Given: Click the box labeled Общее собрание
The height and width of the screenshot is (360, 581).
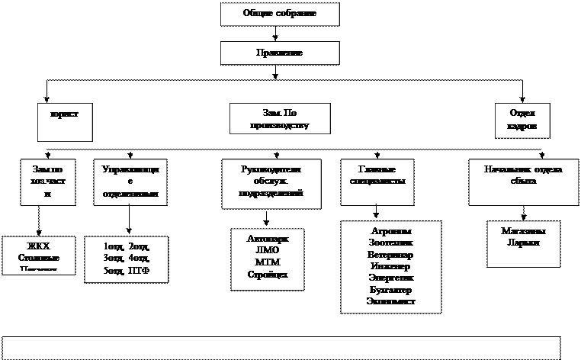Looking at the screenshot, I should click(x=280, y=14).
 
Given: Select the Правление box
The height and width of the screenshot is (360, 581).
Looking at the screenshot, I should click(x=280, y=53).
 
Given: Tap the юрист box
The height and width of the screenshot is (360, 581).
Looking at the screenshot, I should click(x=65, y=122).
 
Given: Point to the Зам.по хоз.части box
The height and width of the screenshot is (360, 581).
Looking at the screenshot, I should click(x=47, y=182).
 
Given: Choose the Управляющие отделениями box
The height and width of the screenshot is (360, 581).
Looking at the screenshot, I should click(x=130, y=182).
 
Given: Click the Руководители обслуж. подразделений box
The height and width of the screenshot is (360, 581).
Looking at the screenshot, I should click(x=271, y=183).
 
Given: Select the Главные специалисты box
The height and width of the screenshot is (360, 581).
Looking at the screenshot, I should click(x=377, y=182).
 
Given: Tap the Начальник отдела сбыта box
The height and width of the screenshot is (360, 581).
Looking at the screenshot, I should click(x=523, y=182).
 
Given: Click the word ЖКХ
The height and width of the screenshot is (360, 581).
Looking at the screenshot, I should click(x=38, y=246).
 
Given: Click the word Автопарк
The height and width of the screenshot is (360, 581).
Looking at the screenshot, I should click(x=268, y=239).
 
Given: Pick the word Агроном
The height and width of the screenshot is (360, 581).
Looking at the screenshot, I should click(x=391, y=231).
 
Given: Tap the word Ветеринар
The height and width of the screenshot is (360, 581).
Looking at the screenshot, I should click(x=391, y=255).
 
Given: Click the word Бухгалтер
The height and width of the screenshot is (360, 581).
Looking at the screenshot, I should click(x=391, y=291).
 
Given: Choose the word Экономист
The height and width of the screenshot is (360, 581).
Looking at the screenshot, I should click(x=391, y=303).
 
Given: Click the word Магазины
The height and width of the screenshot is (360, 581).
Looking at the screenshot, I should click(x=523, y=231).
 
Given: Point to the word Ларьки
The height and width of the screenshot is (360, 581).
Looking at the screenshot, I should click(x=523, y=243).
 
